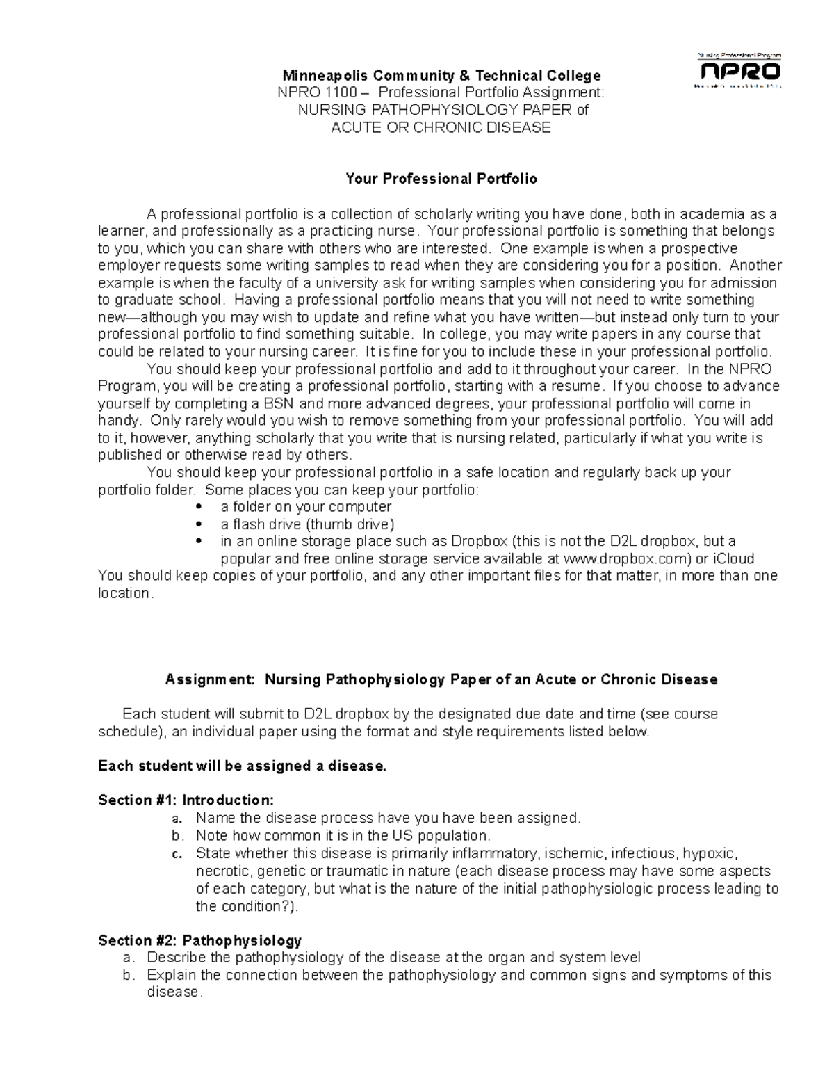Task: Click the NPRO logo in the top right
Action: (x=739, y=71)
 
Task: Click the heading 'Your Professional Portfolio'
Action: (x=441, y=179)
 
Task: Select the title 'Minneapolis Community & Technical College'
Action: (x=441, y=75)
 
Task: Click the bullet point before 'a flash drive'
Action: (x=200, y=524)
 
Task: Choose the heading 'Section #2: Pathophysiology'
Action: (x=200, y=941)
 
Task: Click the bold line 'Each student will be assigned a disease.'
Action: (x=242, y=766)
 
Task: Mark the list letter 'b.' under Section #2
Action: (x=127, y=975)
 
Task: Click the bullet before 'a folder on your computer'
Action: (x=200, y=507)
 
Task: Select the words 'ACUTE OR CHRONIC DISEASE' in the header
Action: (x=441, y=127)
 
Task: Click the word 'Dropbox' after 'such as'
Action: (x=479, y=542)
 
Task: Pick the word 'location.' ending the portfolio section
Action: (x=125, y=593)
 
